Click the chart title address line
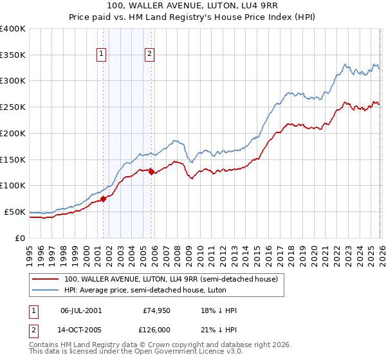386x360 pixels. tap(193, 6)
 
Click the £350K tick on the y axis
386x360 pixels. tap(14, 55)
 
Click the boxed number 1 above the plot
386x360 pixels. tap(102, 55)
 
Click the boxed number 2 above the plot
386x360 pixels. tap(149, 55)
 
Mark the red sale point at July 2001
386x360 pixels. tap(103, 199)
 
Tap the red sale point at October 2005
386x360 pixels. tap(152, 172)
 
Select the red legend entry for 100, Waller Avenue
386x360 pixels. tap(170, 279)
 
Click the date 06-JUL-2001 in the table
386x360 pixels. tap(81, 310)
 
